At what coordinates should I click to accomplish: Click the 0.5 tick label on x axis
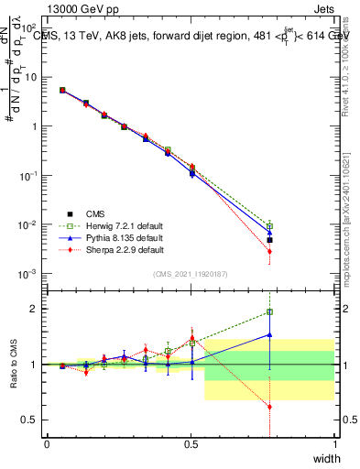coord(191,444)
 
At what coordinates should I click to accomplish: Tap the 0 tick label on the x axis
coord(47,444)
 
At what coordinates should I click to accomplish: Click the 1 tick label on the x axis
coord(334,444)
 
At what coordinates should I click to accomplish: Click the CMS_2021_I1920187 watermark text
coord(191,274)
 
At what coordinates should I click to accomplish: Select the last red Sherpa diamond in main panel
coord(269,251)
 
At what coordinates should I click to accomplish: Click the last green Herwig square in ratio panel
coord(269,312)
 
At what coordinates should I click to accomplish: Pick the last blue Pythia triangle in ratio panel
coord(269,335)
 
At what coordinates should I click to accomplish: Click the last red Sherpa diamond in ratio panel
coord(269,407)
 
